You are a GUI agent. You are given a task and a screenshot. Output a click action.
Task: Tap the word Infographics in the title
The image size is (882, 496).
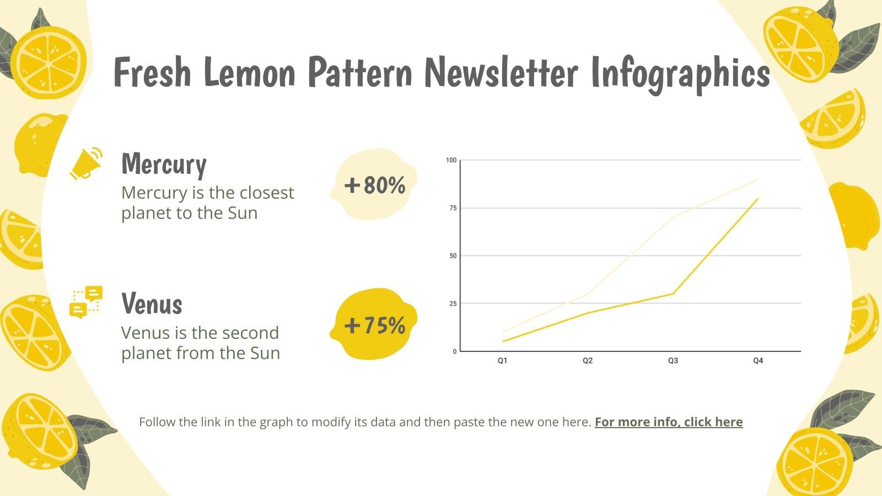point(680,73)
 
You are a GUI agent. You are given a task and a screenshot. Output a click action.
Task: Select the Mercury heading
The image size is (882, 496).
point(164,164)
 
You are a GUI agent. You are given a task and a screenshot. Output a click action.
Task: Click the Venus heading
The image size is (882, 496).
point(152,304)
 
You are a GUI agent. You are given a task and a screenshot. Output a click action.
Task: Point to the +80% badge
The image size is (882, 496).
point(374,185)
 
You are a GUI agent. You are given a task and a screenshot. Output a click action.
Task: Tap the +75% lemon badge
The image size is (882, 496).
point(374,325)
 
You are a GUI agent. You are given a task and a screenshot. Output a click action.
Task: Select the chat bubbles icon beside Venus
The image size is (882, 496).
point(86,302)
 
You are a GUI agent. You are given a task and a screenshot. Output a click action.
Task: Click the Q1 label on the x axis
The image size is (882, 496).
point(502,361)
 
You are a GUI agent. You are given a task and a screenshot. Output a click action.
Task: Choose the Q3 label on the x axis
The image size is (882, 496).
point(673,361)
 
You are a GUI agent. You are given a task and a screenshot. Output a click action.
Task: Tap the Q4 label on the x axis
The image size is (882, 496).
point(758,361)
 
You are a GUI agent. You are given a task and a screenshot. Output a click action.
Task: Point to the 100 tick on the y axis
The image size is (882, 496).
point(451,160)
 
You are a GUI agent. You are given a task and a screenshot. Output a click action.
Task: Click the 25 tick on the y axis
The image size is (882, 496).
point(453,304)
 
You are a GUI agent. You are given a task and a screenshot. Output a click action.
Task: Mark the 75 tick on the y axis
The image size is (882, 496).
point(453,208)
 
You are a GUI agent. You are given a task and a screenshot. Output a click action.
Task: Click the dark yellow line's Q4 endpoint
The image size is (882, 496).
point(758,199)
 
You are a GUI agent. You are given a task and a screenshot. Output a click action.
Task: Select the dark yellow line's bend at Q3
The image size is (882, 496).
point(673,294)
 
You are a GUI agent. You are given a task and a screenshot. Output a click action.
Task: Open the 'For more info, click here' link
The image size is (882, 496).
point(668,422)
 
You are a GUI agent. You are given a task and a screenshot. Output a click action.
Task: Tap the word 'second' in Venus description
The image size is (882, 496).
point(254,333)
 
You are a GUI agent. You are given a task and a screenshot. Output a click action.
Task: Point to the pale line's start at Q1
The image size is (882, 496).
point(503,332)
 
